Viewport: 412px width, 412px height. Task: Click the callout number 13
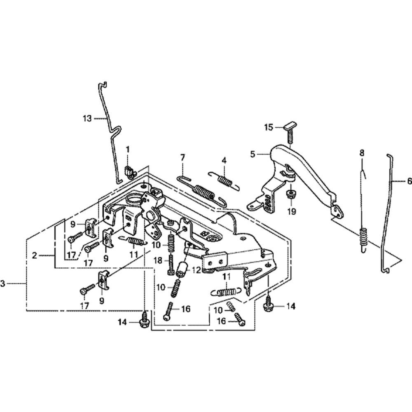click(x=87, y=118)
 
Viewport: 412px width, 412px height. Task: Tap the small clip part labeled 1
click(x=131, y=171)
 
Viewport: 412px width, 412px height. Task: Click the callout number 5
click(x=253, y=154)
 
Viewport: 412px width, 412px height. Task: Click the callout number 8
click(x=362, y=152)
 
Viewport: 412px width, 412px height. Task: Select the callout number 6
click(x=409, y=180)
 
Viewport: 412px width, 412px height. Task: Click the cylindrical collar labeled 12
click(x=182, y=269)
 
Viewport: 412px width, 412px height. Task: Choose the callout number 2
click(x=36, y=255)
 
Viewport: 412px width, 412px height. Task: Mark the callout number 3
click(x=3, y=283)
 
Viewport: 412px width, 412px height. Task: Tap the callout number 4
click(x=224, y=159)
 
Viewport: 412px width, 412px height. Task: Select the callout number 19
click(x=291, y=212)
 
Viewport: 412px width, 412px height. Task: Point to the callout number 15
click(x=269, y=127)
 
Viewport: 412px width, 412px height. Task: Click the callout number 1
click(x=127, y=149)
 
